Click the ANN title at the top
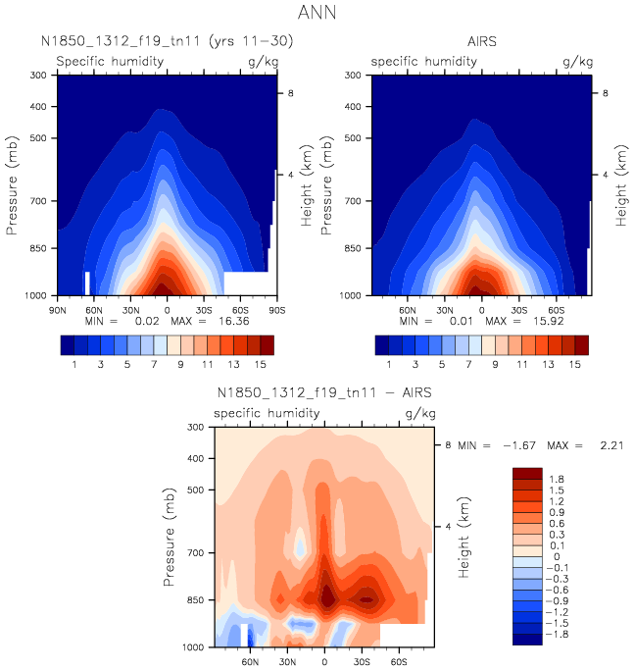pyautogui.click(x=317, y=14)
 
